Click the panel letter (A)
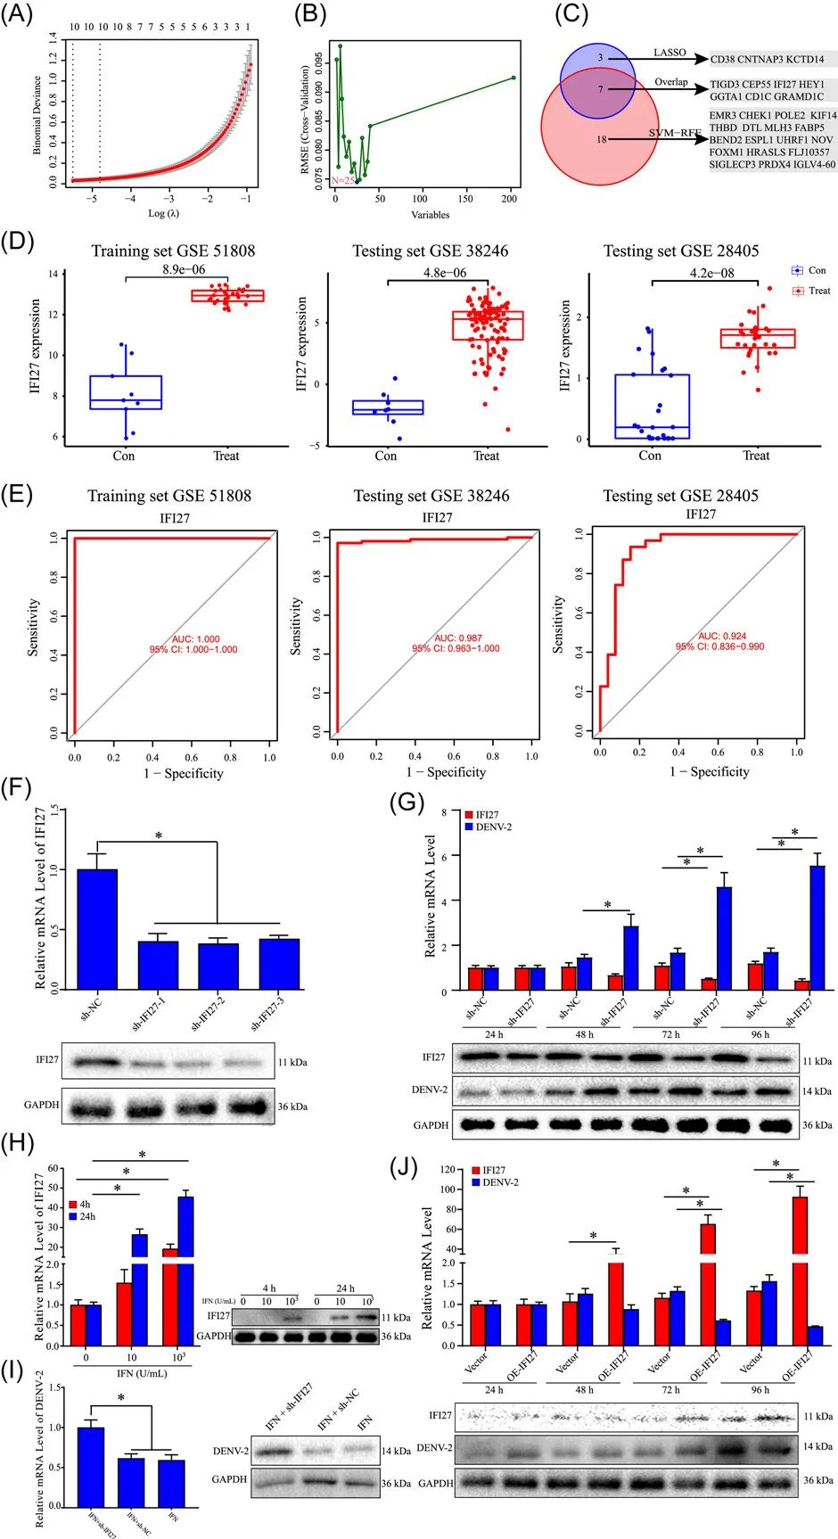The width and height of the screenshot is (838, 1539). pos(20,15)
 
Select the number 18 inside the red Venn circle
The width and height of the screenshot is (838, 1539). pos(602,139)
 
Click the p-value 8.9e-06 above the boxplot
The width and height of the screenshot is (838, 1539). pos(185,269)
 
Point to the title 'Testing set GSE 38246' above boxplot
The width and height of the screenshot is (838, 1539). pos(431,251)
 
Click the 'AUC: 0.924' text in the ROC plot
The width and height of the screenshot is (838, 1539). pos(719,636)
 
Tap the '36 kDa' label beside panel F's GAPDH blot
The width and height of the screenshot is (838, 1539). pos(292,1107)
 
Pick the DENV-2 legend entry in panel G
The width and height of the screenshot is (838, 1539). pos(493,827)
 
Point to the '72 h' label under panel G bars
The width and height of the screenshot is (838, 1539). pos(670,1034)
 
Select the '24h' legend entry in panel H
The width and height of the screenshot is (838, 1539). pos(87,1216)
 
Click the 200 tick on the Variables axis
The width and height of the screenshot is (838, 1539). pos(509,199)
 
